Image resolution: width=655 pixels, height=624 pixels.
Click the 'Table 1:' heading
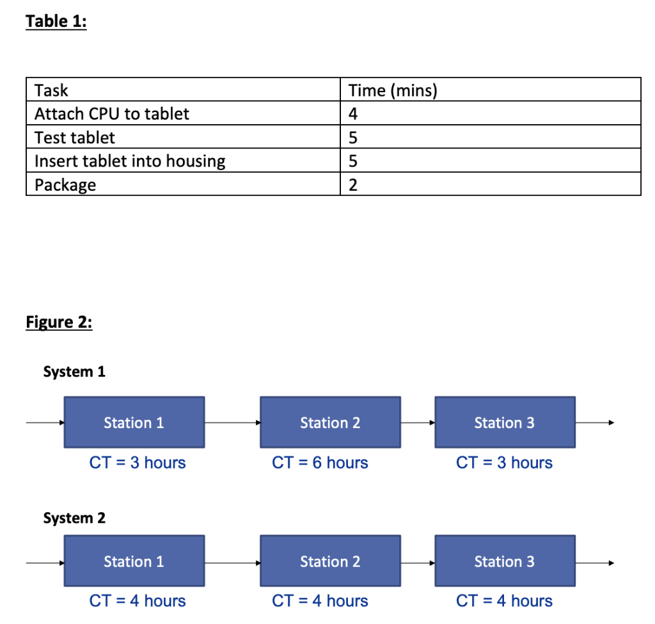point(56,21)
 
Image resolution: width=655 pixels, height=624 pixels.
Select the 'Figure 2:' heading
point(59,321)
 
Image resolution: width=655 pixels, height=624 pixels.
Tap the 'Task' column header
point(51,90)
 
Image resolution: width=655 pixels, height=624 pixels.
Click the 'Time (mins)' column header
point(393,90)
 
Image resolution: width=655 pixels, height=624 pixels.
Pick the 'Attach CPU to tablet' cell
point(112,114)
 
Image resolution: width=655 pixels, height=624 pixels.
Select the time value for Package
point(353,186)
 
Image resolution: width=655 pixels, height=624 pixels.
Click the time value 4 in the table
point(353,114)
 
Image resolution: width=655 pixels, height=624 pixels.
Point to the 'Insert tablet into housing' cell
point(130,161)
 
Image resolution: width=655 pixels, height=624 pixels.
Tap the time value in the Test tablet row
point(353,138)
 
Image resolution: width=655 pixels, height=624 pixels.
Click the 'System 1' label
point(74,372)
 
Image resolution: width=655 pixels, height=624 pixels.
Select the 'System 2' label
point(74,518)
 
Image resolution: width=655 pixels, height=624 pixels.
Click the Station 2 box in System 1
point(330,422)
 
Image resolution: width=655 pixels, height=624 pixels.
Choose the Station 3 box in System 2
point(505,561)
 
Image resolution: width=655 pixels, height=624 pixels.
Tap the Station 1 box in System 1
point(134,422)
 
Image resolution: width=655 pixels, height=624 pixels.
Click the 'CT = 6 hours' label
point(320,463)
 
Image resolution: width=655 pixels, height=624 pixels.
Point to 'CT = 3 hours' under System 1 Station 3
point(504,463)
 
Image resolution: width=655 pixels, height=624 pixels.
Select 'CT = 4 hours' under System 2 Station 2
point(320,601)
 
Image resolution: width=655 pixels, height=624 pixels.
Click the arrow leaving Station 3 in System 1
point(595,422)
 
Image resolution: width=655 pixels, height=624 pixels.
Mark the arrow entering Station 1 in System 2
point(45,563)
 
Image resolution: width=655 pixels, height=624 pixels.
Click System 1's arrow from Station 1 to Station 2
point(232,422)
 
